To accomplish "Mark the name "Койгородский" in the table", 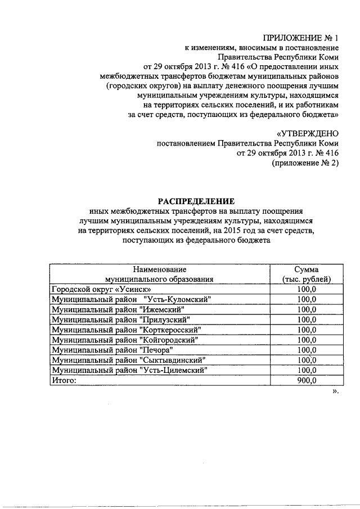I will (170, 340).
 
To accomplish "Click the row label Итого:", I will (63, 380).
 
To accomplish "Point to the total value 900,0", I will (307, 380).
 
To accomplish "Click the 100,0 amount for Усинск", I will (307, 289).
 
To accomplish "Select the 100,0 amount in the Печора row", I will (307, 350).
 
